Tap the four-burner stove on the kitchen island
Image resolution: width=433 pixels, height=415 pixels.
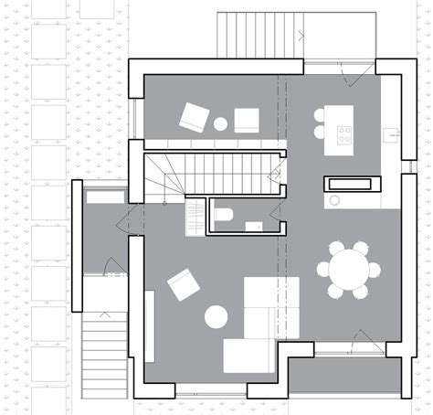tap(345, 136)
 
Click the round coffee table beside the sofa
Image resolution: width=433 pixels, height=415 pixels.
tap(216, 316)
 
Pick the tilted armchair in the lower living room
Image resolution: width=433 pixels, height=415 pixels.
tap(184, 284)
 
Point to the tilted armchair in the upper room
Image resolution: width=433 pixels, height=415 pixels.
tap(195, 117)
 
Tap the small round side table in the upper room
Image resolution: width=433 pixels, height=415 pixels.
tap(220, 122)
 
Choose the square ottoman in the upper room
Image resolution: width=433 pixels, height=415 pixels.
tap(247, 121)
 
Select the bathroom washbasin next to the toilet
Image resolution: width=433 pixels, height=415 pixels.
tap(253, 225)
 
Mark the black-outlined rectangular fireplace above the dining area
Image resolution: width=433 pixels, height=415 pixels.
tap(352, 184)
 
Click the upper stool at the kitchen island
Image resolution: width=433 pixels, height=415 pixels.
tap(320, 116)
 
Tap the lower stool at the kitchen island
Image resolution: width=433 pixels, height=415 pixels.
tap(320, 132)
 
